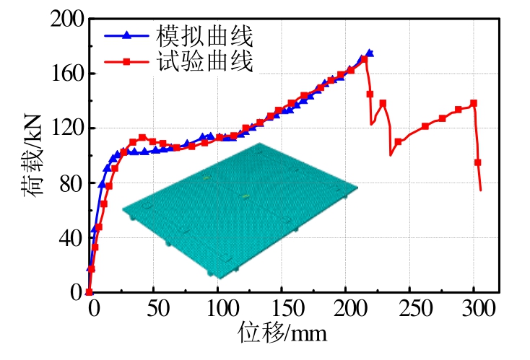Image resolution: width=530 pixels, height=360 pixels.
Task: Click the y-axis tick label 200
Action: click(66, 19)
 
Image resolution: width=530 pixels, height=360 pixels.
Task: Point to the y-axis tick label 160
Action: click(66, 74)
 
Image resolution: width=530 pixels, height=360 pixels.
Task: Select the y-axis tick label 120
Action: click(66, 128)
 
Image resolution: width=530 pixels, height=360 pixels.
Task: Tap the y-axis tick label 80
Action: click(71, 183)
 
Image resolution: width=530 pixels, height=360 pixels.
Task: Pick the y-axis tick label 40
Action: click(71, 238)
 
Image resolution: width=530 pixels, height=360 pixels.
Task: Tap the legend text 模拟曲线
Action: click(205, 34)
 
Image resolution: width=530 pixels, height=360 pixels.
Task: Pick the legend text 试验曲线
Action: click(205, 62)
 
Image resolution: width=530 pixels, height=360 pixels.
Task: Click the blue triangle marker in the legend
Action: click(126, 35)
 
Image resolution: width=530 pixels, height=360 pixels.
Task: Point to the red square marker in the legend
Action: click(126, 63)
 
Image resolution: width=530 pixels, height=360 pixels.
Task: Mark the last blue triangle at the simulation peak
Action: click(370, 53)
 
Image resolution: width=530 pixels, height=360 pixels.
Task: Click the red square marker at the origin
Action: click(90, 292)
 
